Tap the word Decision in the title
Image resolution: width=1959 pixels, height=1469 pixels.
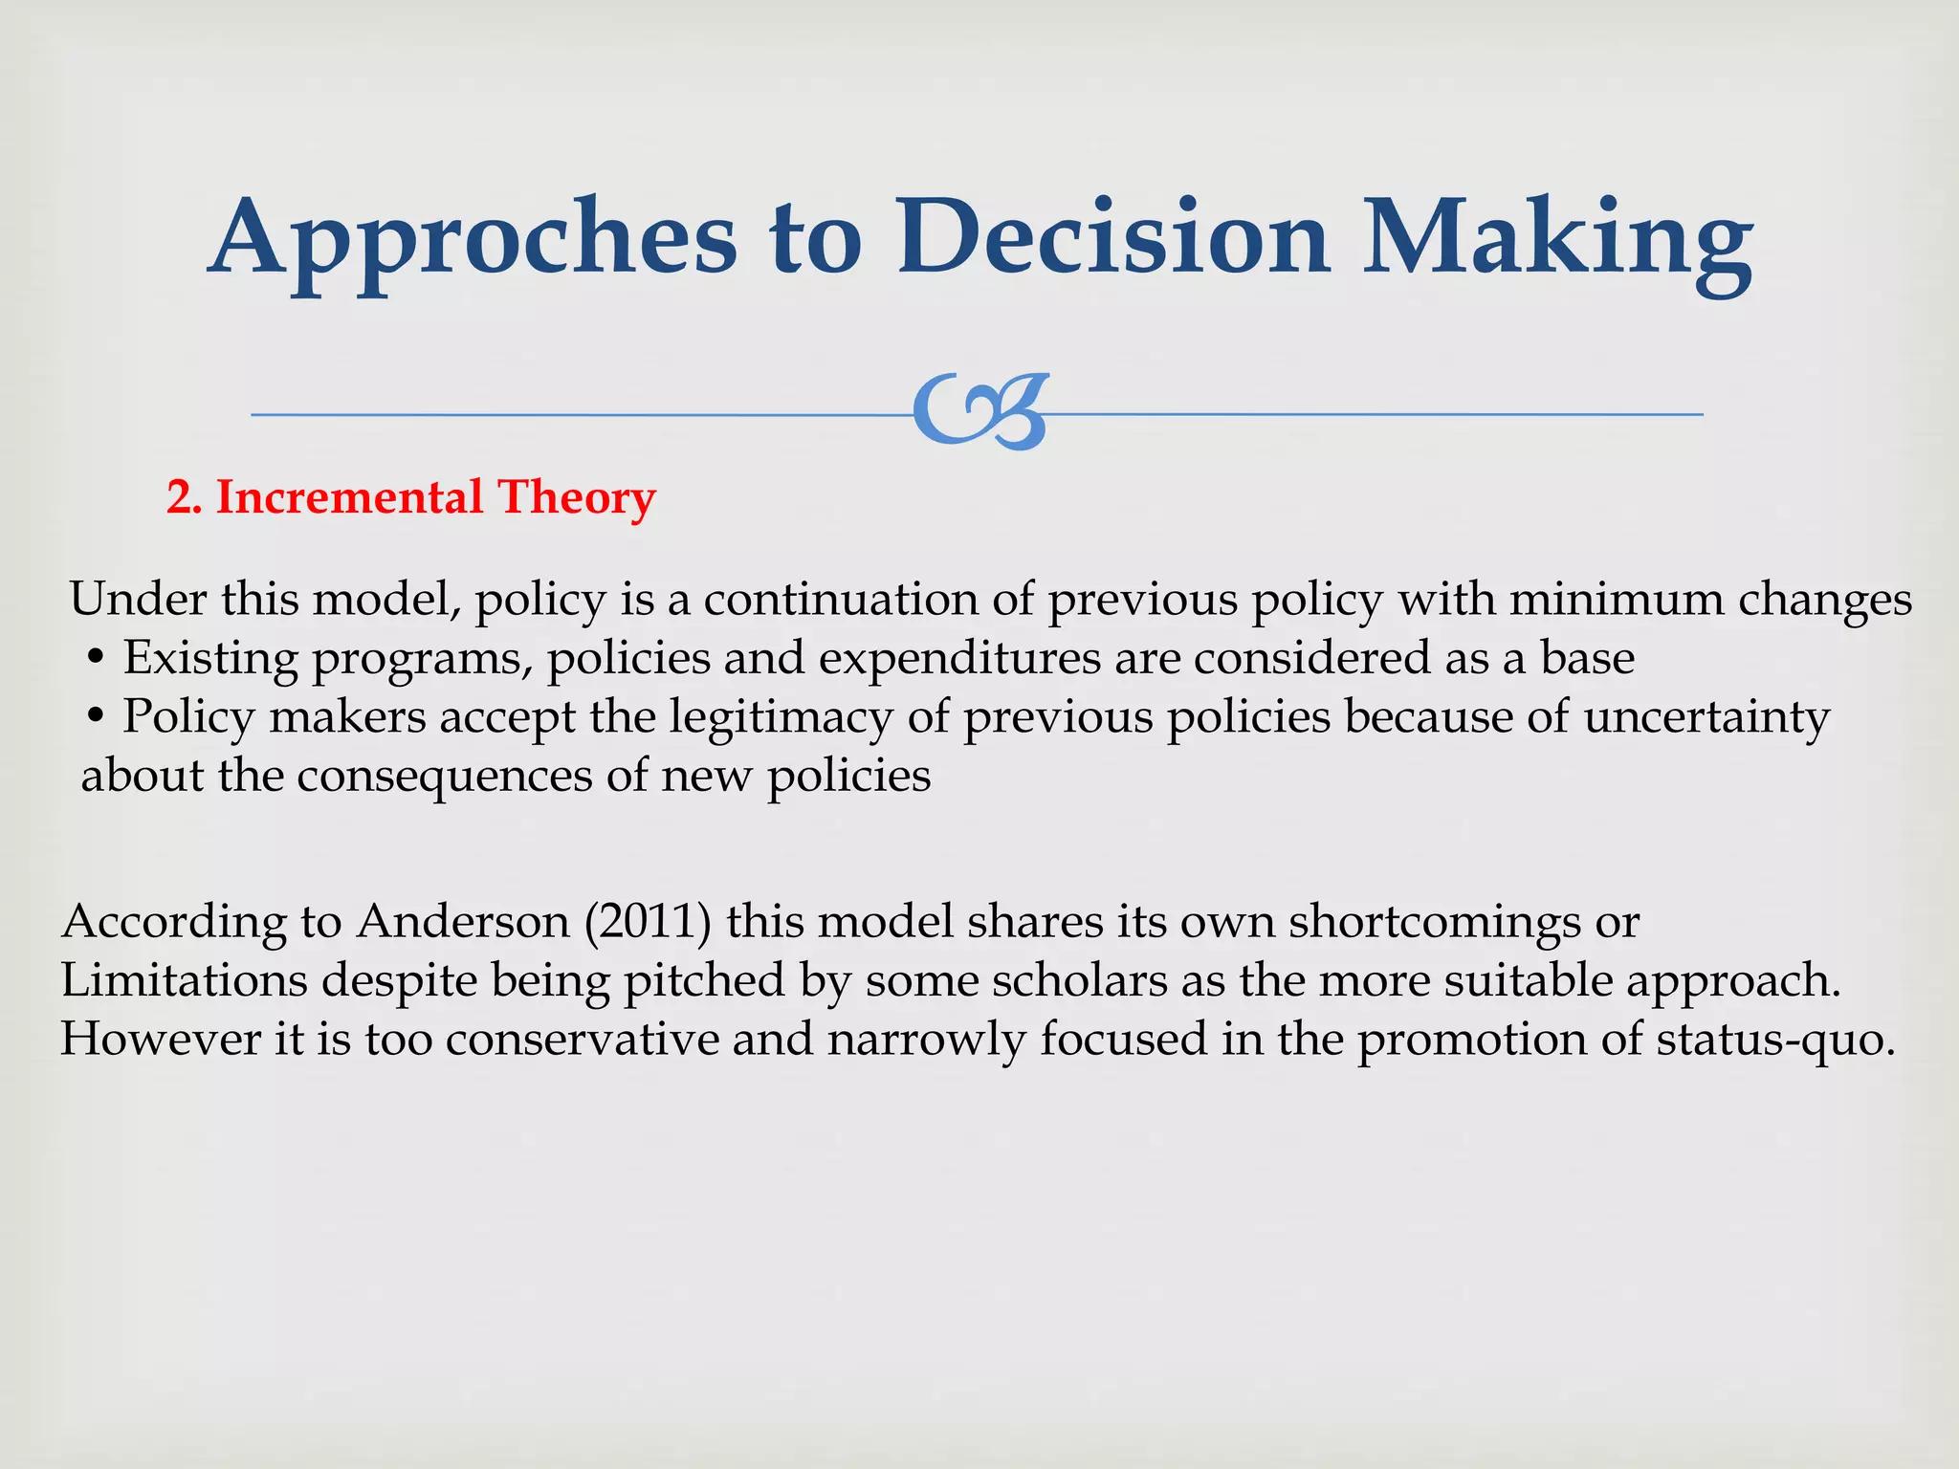[x=1112, y=237]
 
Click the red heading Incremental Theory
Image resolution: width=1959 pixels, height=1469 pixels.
[x=435, y=497]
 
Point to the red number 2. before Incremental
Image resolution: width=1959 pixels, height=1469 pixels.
[x=184, y=498]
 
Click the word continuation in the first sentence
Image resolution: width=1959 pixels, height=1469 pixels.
[x=839, y=601]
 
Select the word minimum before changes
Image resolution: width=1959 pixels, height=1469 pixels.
[x=1616, y=601]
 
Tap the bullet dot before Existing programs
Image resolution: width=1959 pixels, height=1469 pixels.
[x=95, y=660]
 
